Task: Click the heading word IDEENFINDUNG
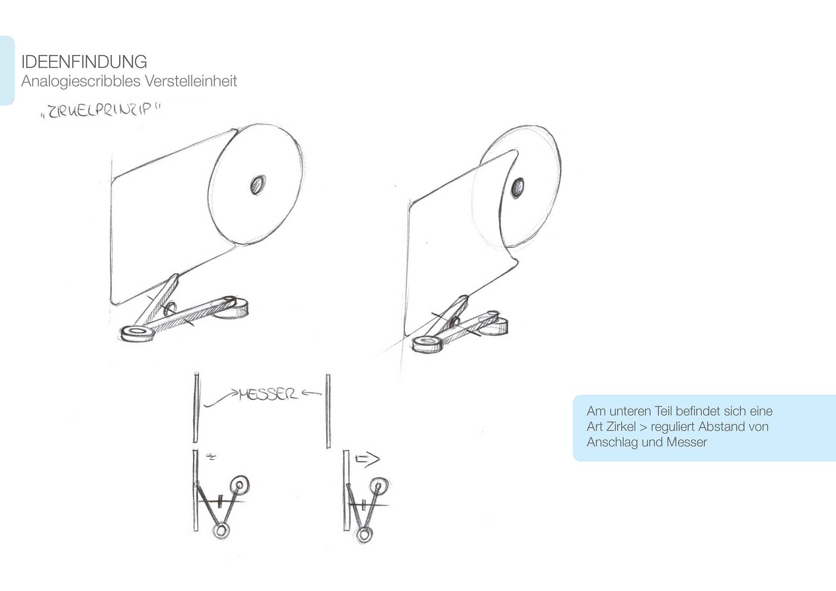pyautogui.click(x=84, y=62)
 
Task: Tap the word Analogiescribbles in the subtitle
pyautogui.click(x=81, y=81)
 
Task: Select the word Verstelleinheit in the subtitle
pyautogui.click(x=191, y=81)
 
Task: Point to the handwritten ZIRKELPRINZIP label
pyautogui.click(x=101, y=111)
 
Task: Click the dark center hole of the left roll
pyautogui.click(x=257, y=185)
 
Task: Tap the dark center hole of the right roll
pyautogui.click(x=517, y=188)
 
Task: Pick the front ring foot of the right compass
pyautogui.click(x=427, y=344)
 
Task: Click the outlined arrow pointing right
pyautogui.click(x=367, y=459)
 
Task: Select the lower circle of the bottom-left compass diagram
pyautogui.click(x=221, y=531)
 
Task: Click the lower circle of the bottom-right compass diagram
pyautogui.click(x=364, y=535)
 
